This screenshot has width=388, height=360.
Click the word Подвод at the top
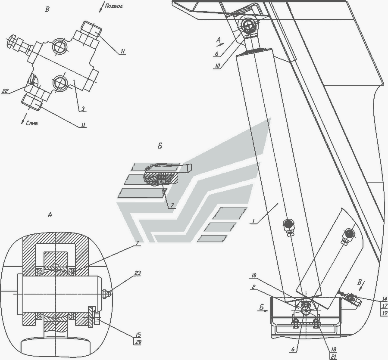pyautogui.click(x=113, y=6)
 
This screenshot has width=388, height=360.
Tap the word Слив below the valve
pyautogui.click(x=32, y=123)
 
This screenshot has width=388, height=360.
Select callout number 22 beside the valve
pyautogui.click(x=5, y=91)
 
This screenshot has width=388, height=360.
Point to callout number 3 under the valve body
pyautogui.click(x=83, y=109)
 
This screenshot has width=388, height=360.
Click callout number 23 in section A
pyautogui.click(x=138, y=273)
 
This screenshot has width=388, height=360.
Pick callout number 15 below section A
pyautogui.click(x=138, y=335)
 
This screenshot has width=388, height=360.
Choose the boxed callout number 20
pyautogui.click(x=138, y=342)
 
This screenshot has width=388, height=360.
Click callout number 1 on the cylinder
pyautogui.click(x=253, y=221)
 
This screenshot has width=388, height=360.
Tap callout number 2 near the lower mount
pyautogui.click(x=253, y=287)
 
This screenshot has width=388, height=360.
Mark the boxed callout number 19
pyautogui.click(x=385, y=313)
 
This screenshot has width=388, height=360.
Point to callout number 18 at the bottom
pyautogui.click(x=333, y=349)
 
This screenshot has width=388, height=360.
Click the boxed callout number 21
pyautogui.click(x=333, y=356)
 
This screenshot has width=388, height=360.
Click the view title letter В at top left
pyautogui.click(x=47, y=10)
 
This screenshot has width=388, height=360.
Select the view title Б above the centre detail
pyautogui.click(x=160, y=146)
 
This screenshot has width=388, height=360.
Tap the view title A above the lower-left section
pyautogui.click(x=50, y=215)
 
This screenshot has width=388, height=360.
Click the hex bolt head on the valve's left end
pyautogui.click(x=11, y=42)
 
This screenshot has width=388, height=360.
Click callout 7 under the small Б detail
pyautogui.click(x=172, y=205)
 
